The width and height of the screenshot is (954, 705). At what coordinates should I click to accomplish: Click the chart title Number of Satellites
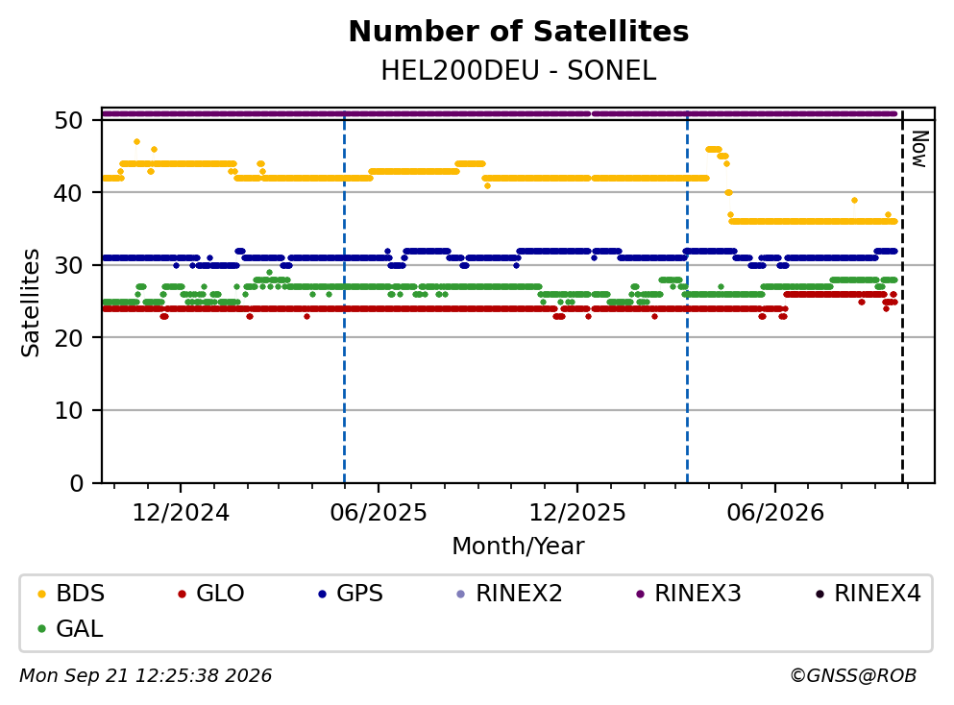click(x=519, y=32)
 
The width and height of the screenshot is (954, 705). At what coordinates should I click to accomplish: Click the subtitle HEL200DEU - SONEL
click(x=519, y=71)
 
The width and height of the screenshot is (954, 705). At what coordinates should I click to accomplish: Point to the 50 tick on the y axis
click(x=69, y=120)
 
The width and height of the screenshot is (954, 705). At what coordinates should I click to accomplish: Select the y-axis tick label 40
click(x=69, y=193)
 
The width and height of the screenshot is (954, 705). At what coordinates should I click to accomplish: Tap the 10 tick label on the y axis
click(x=69, y=410)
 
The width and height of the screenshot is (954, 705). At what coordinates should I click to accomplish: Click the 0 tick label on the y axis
click(x=77, y=483)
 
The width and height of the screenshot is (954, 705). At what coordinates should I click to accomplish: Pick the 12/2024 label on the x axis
click(x=181, y=513)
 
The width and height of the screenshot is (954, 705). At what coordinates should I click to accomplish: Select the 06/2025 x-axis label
click(x=379, y=513)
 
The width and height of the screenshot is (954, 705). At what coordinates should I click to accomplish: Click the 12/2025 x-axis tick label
click(x=576, y=513)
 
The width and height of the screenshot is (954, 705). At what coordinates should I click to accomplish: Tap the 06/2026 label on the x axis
click(x=775, y=513)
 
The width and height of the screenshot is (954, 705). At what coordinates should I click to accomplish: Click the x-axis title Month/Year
click(x=518, y=547)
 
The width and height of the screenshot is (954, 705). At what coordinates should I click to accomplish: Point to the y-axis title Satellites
click(x=31, y=303)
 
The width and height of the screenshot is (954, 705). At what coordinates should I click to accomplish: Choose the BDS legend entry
click(x=70, y=593)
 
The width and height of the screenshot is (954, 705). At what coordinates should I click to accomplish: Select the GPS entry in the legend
click(x=351, y=593)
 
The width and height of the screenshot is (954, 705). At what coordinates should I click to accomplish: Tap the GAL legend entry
click(x=70, y=629)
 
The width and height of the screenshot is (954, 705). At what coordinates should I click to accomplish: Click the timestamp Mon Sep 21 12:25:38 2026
click(x=146, y=676)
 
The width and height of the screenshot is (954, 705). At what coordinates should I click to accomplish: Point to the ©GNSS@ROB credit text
click(x=853, y=676)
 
